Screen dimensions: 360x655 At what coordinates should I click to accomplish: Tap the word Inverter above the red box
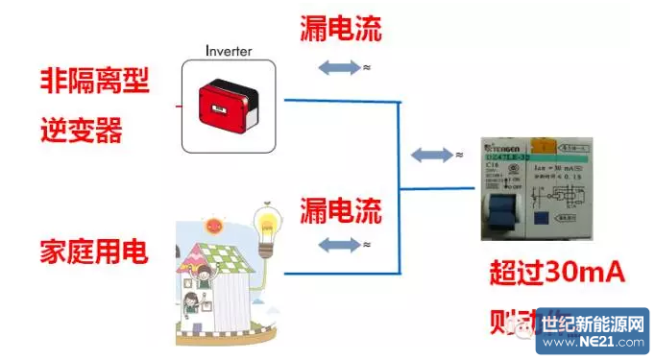(x=230, y=50)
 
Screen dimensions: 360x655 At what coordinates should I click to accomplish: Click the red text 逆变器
(x=82, y=129)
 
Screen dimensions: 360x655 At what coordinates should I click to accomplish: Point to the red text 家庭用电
(x=94, y=252)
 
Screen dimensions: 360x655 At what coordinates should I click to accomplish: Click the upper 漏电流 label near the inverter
(x=340, y=30)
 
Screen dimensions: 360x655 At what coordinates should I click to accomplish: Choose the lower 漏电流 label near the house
(x=340, y=208)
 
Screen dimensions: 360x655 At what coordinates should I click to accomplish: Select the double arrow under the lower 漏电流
(x=336, y=246)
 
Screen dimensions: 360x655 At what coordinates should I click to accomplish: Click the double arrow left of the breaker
(x=429, y=155)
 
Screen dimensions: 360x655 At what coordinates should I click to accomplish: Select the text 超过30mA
(x=558, y=275)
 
